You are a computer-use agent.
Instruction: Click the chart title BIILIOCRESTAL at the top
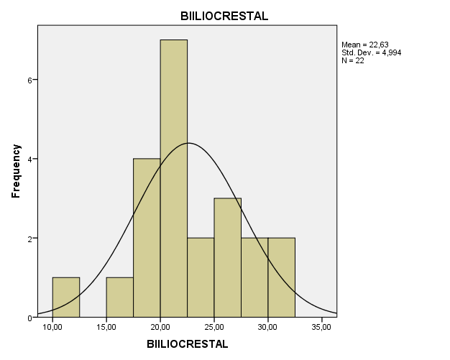point(224,17)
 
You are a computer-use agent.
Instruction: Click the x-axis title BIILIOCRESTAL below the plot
point(187,343)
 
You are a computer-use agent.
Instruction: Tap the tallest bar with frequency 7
point(173,178)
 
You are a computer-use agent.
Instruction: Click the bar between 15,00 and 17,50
point(119,297)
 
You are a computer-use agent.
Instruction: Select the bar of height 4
point(147,238)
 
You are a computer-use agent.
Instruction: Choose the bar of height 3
point(227,258)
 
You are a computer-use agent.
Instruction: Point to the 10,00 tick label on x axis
point(52,328)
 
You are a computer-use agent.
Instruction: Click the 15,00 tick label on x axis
point(106,328)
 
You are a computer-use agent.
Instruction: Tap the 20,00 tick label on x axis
point(160,328)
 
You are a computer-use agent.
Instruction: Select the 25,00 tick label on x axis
point(214,328)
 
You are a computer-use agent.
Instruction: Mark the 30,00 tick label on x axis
point(268,328)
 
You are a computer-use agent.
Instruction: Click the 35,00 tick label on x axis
point(321,328)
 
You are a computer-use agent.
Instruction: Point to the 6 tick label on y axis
point(29,80)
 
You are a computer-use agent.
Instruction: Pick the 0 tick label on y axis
point(29,318)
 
